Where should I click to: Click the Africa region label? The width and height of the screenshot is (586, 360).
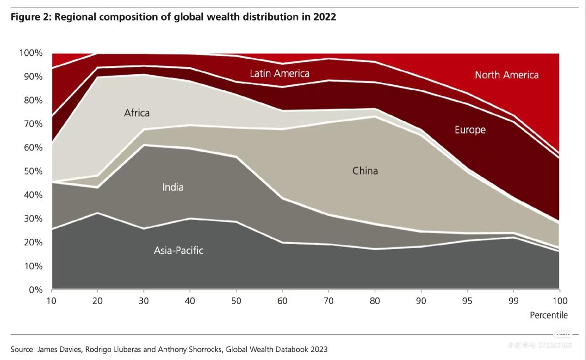(x=137, y=112)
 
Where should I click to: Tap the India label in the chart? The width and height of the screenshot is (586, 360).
(x=173, y=187)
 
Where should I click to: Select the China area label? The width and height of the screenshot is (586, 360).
(x=365, y=171)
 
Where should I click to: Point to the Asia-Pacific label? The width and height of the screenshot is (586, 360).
(x=179, y=251)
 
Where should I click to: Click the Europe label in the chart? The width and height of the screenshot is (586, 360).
(x=470, y=130)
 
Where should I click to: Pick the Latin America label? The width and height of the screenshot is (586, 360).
(x=279, y=73)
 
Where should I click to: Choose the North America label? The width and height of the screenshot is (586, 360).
(x=506, y=75)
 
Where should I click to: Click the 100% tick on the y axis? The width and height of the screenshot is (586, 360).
(x=31, y=53)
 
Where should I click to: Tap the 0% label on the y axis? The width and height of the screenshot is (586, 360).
(x=35, y=289)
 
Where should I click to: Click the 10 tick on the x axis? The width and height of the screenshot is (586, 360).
(x=52, y=301)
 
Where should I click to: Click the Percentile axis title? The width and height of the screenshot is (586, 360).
(x=548, y=315)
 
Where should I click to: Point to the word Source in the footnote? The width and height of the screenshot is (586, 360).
(x=22, y=349)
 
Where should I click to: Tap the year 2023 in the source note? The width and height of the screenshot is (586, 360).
(x=318, y=349)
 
